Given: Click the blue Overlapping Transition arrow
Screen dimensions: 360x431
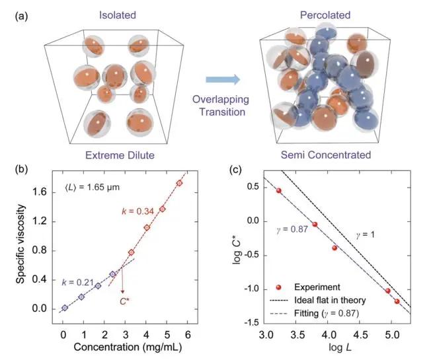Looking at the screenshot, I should (x=221, y=79).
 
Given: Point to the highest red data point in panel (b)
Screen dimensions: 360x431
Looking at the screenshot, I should (x=178, y=183).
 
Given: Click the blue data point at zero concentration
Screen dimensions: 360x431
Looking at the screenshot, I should (x=64, y=308).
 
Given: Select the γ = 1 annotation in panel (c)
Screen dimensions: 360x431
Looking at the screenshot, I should (x=362, y=235).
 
